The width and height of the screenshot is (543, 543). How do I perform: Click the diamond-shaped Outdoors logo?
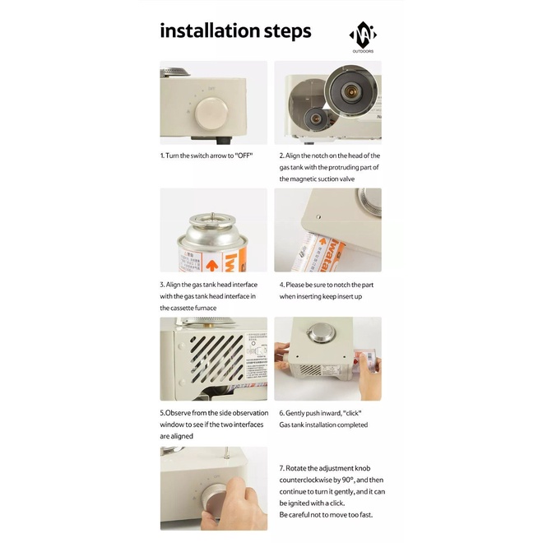pos(363,35)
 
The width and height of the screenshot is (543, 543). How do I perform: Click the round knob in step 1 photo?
pos(211,114)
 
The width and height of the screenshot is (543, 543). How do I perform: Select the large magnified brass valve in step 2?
pos(350,91)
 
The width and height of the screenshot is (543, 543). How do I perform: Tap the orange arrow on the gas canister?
pos(211,266)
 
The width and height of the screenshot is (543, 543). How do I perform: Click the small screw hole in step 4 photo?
pos(318,217)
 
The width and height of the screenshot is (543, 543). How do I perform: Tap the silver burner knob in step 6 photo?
pos(322,333)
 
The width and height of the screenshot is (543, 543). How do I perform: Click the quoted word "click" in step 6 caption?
pos(352,413)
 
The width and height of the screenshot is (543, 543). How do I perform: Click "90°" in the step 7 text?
pos(348,480)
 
